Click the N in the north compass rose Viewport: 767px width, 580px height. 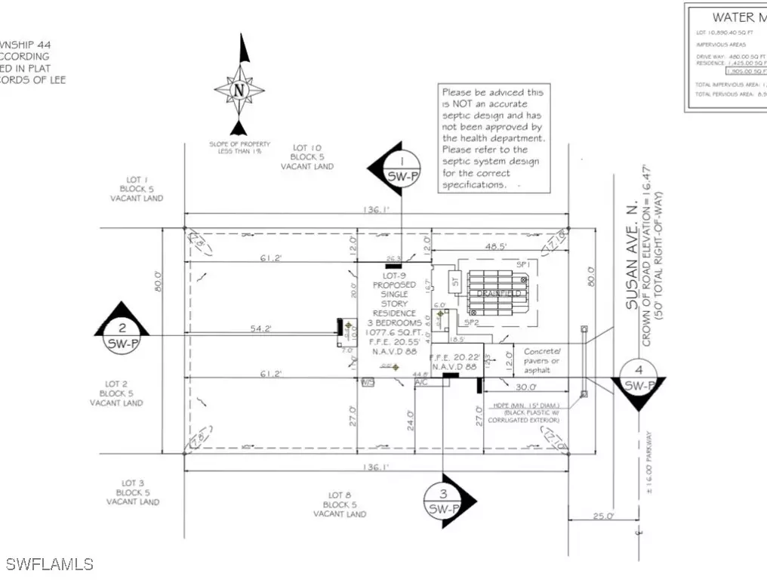point(239,89)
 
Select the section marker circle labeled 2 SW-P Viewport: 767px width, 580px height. point(122,335)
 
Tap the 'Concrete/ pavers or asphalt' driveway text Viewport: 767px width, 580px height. point(543,360)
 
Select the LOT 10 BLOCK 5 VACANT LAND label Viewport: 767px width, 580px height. point(312,157)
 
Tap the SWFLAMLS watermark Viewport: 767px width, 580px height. point(50,563)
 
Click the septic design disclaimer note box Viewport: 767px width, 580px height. point(494,138)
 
